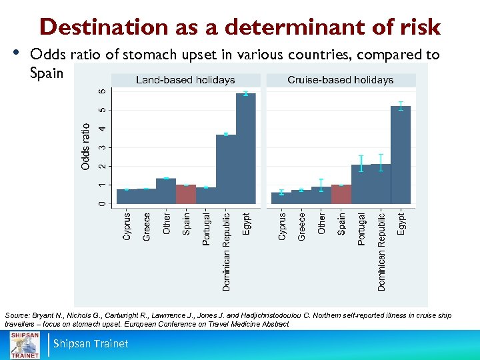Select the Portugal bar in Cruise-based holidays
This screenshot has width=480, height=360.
[361, 184]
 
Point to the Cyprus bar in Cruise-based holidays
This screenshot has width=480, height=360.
[281, 197]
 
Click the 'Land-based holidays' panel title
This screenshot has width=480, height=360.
[185, 80]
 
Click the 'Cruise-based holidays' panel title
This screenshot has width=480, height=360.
[340, 80]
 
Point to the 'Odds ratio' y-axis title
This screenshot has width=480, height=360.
[85, 146]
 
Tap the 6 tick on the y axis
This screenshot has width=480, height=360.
[101, 91]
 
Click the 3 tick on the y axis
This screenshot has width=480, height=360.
[101, 147]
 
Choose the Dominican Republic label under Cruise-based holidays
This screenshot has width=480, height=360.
[381, 251]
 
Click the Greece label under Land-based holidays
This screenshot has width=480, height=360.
[147, 227]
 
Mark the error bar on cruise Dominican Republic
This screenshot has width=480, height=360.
[381, 163]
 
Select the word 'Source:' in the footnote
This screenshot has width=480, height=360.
[17, 313]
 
